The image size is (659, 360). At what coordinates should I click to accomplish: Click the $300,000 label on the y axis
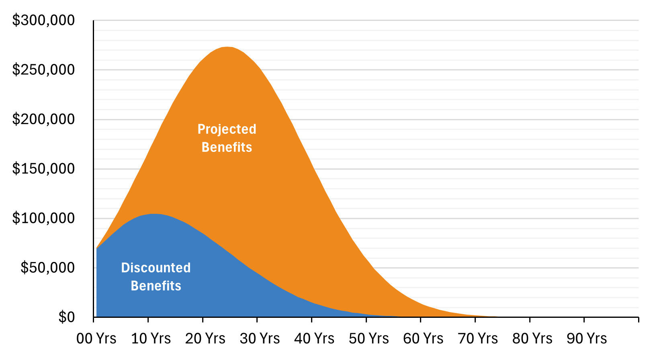coord(43,20)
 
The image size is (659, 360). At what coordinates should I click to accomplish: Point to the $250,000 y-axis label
coord(43,70)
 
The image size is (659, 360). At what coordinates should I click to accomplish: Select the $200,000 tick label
coord(43,119)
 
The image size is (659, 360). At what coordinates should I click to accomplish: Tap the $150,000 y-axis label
coord(43,168)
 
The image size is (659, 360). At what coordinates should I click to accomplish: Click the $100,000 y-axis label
coord(43,218)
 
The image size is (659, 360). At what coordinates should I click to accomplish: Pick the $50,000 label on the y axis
coord(47,267)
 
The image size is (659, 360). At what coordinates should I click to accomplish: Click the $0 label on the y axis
coord(66,317)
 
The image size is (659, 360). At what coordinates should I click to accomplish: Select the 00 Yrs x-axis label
coord(96,339)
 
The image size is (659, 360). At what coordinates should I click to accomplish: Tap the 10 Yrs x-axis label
coord(151,339)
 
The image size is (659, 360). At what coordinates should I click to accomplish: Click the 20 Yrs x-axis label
coord(205,339)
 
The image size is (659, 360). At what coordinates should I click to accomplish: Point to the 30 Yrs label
coord(260,339)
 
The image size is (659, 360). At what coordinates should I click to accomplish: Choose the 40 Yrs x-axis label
coord(314,339)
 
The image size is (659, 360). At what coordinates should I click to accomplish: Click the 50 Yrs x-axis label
coord(369,339)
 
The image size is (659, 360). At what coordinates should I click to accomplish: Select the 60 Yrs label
coord(424,339)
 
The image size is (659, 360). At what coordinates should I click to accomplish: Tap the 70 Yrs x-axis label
coord(478,339)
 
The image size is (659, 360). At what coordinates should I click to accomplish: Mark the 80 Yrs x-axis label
coord(532,339)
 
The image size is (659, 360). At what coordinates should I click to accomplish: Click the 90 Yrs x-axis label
coord(587,339)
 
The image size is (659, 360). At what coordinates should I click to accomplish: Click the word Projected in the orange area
coord(227,129)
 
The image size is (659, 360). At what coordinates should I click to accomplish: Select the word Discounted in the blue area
coord(156,268)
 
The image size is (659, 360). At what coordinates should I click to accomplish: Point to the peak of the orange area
coord(227,47)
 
